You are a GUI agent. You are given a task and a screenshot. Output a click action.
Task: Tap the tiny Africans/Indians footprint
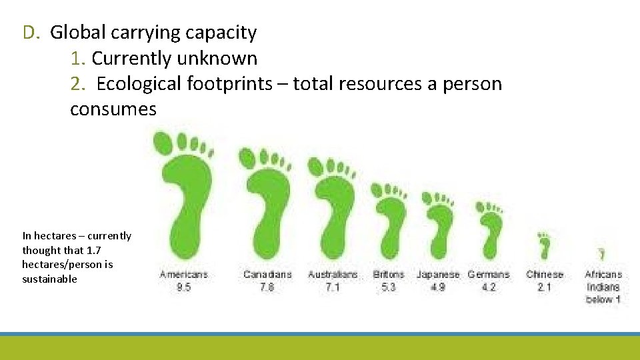602,254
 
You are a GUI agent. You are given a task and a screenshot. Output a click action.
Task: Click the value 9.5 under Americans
183,287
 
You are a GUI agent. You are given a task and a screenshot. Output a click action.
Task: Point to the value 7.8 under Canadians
267,287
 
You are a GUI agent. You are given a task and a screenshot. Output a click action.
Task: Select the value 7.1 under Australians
333,287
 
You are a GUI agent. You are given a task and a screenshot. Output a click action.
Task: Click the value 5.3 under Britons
388,287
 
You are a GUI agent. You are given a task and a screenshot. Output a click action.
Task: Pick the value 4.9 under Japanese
438,287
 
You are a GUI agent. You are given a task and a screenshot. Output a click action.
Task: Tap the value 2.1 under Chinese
545,287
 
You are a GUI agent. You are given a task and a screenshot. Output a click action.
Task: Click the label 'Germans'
488,275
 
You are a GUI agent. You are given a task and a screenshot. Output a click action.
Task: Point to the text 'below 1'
603,299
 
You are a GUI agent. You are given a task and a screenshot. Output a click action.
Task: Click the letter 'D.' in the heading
32,32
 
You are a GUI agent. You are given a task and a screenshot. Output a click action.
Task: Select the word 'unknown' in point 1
217,59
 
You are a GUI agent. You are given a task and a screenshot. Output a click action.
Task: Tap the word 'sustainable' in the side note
49,279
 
